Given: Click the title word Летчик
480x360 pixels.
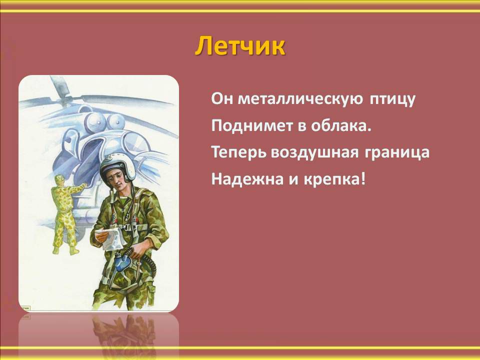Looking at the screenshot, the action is point(240,46).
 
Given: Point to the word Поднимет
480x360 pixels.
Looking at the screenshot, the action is point(252,125).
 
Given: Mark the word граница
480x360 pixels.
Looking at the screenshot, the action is point(397,153).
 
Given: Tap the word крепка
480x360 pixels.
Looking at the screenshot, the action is point(332,179).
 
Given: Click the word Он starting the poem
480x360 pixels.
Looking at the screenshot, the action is point(222,98).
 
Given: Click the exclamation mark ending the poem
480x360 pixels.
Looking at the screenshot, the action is point(363,179).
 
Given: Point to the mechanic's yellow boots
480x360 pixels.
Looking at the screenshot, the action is point(65,250).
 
